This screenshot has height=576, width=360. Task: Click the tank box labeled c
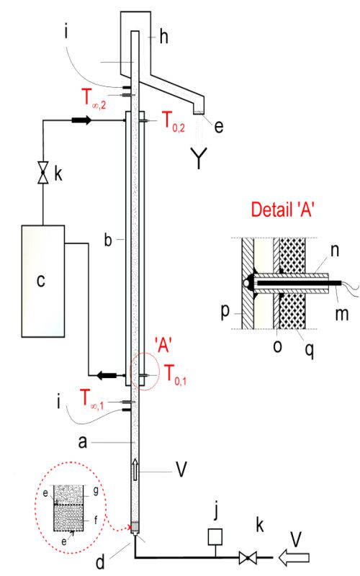pos(43,281)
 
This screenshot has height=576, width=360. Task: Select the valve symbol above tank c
pos(43,172)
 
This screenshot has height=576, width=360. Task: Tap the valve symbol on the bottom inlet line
pos(248,557)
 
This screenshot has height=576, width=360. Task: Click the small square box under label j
pos(215,536)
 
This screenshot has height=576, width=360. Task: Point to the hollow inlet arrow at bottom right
pos(294,557)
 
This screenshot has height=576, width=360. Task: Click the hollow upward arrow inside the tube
pos(135,469)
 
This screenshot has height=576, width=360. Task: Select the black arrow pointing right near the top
pos(81,120)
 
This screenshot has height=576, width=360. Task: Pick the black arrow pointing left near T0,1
pos(107,375)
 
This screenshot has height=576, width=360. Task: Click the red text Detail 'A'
pos(282,210)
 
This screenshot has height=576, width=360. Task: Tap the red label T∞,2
pos(94,99)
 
